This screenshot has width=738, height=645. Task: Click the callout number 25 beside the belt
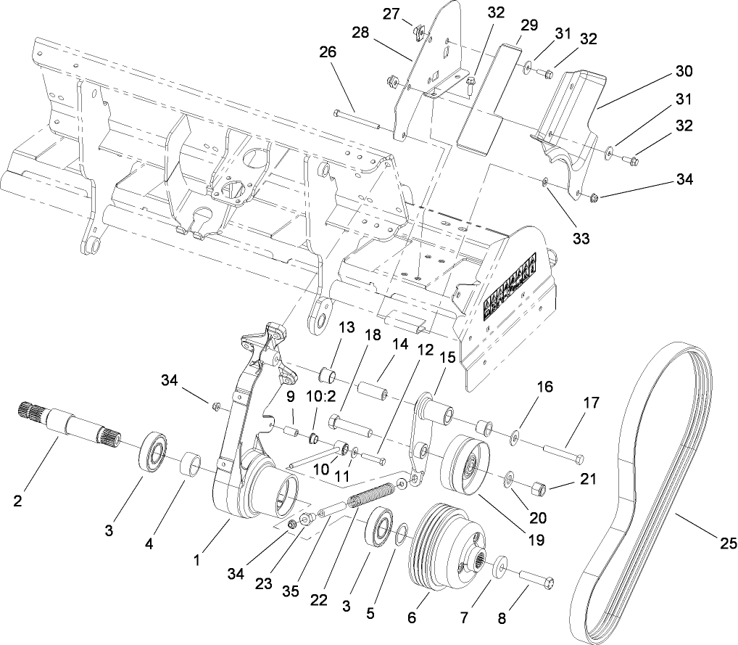pos(728,543)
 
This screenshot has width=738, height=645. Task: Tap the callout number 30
pos(684,71)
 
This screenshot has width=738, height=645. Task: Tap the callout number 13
pos(346,328)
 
